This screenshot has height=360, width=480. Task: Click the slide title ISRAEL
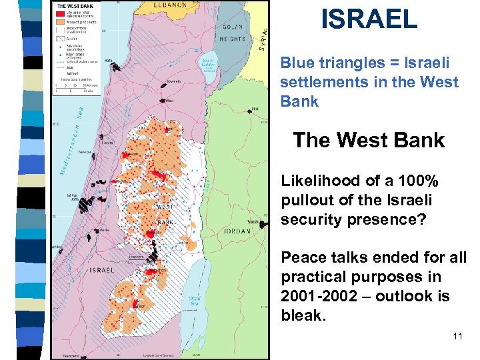(369, 19)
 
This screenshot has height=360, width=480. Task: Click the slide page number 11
(457, 336)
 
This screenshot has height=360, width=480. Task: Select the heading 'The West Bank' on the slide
(369, 140)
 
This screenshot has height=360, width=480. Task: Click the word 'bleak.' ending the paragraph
(303, 315)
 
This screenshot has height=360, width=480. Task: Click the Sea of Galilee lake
(209, 67)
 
